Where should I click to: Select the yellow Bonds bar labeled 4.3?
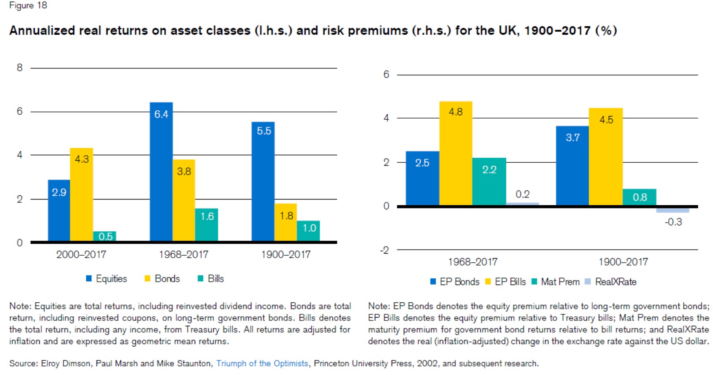click(x=81, y=194)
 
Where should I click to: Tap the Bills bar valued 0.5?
click(x=104, y=236)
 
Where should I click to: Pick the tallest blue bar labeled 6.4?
click(x=161, y=171)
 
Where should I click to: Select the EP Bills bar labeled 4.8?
click(x=455, y=153)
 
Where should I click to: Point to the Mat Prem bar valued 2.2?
click(x=489, y=181)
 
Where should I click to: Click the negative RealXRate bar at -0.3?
click(x=672, y=210)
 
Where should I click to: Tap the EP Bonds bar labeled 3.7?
click(x=572, y=166)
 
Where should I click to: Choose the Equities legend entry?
click(x=107, y=279)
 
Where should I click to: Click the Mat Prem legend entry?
click(x=556, y=282)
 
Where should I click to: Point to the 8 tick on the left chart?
click(x=19, y=68)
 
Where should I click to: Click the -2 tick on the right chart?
click(x=385, y=250)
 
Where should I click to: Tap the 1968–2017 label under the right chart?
click(x=473, y=262)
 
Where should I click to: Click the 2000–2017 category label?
click(x=81, y=254)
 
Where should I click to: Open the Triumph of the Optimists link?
click(x=262, y=363)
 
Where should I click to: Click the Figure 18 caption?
click(x=28, y=5)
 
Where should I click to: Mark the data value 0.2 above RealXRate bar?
click(x=522, y=194)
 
